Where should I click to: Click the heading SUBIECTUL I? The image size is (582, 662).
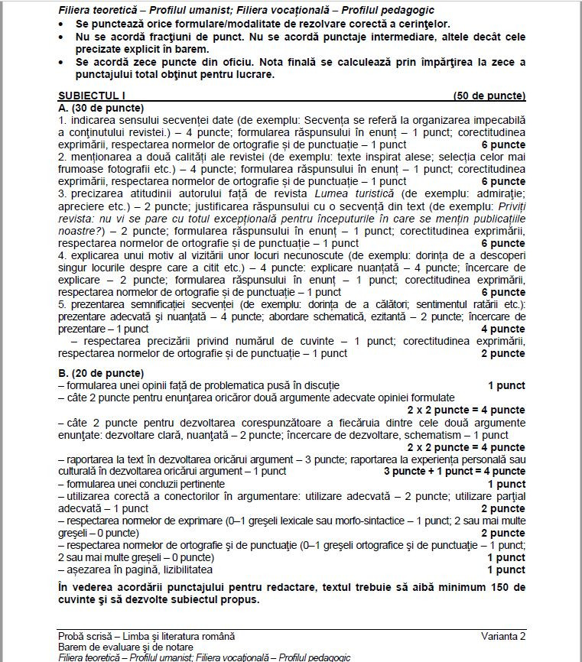click(91, 96)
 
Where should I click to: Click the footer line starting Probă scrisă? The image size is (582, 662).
click(146, 636)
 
